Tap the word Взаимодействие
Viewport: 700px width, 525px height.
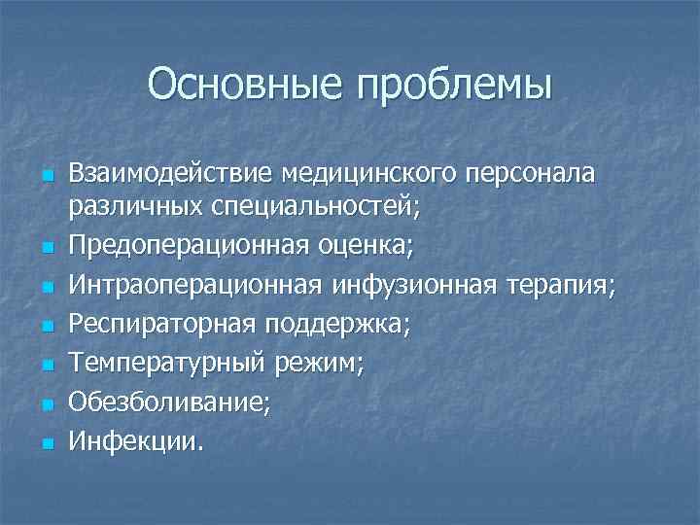(174, 174)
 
